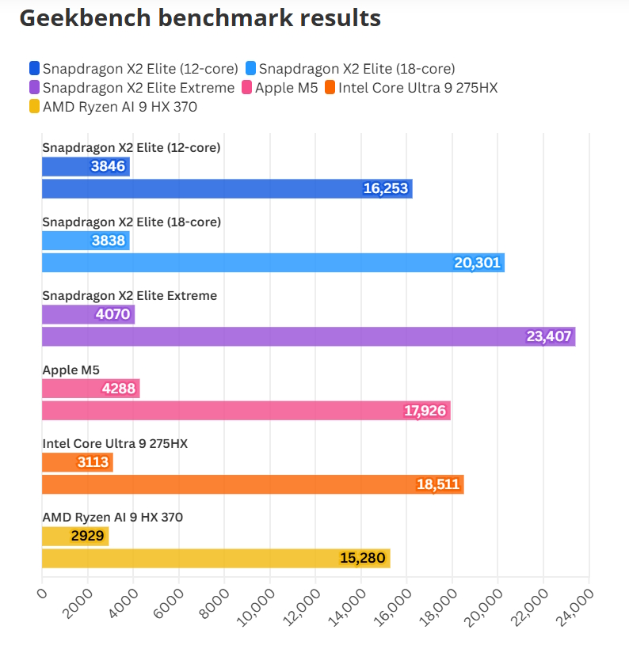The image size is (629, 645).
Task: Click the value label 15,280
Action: pyautogui.click(x=362, y=559)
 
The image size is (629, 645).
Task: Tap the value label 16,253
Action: pyautogui.click(x=387, y=188)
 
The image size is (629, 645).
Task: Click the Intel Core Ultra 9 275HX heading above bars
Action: pyautogui.click(x=114, y=443)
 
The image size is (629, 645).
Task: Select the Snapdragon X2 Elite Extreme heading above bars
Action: pyautogui.click(x=129, y=295)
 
